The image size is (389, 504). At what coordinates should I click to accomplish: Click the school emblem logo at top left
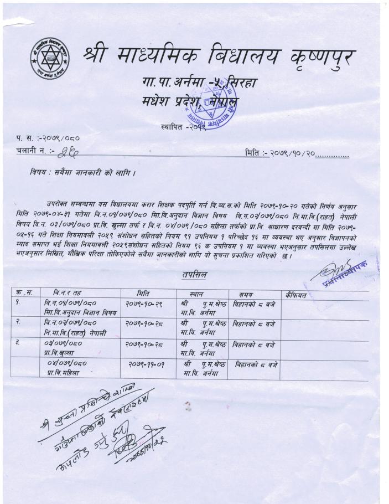[x=50, y=56]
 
